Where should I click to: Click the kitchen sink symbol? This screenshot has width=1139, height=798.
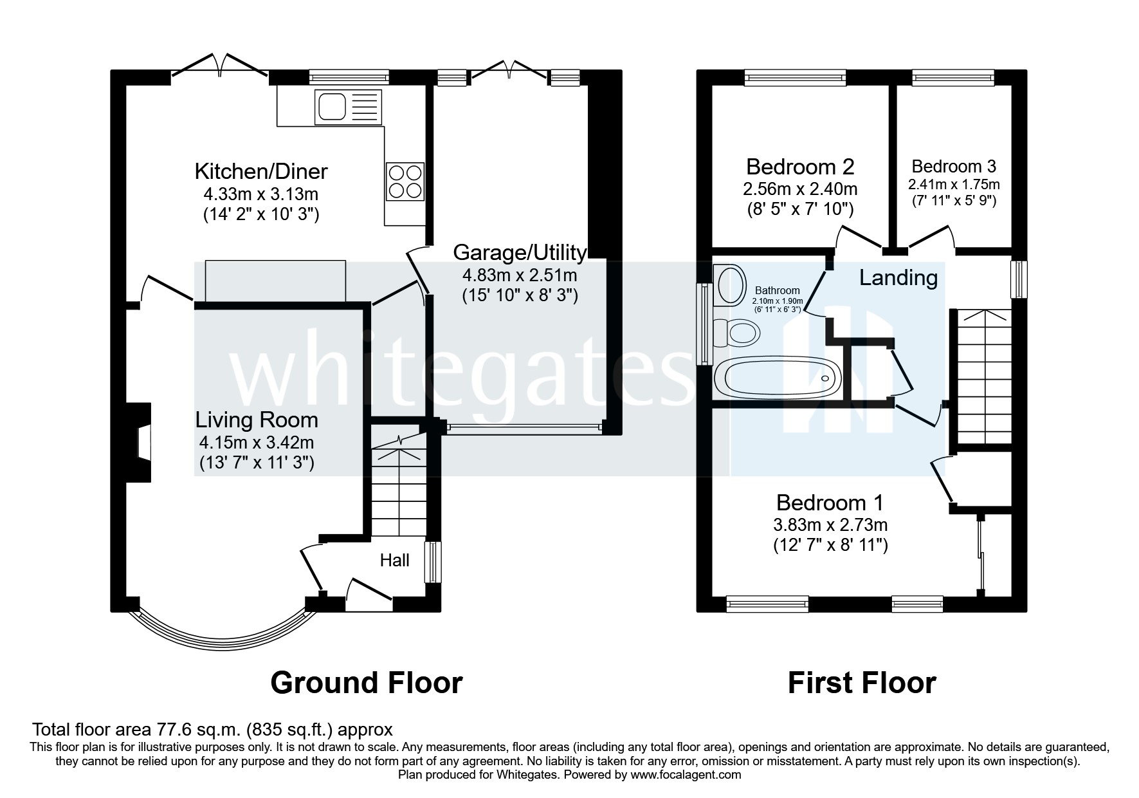click(348, 107)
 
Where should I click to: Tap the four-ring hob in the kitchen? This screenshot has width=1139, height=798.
click(405, 181)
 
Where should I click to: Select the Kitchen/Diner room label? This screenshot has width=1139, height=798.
click(261, 171)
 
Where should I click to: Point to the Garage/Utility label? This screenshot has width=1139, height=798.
click(520, 252)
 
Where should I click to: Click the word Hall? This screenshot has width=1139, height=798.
click(394, 561)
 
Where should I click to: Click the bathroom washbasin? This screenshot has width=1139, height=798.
click(730, 285)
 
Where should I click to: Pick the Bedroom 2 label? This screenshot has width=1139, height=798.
click(800, 167)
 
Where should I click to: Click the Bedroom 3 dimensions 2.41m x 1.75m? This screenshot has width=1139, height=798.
click(954, 184)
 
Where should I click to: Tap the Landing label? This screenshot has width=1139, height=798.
click(898, 278)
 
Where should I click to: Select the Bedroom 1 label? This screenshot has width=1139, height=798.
click(830, 502)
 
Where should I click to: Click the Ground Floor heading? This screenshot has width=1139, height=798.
click(366, 682)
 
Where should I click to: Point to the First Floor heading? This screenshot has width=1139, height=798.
click(861, 682)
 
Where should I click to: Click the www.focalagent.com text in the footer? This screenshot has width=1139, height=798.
click(686, 775)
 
